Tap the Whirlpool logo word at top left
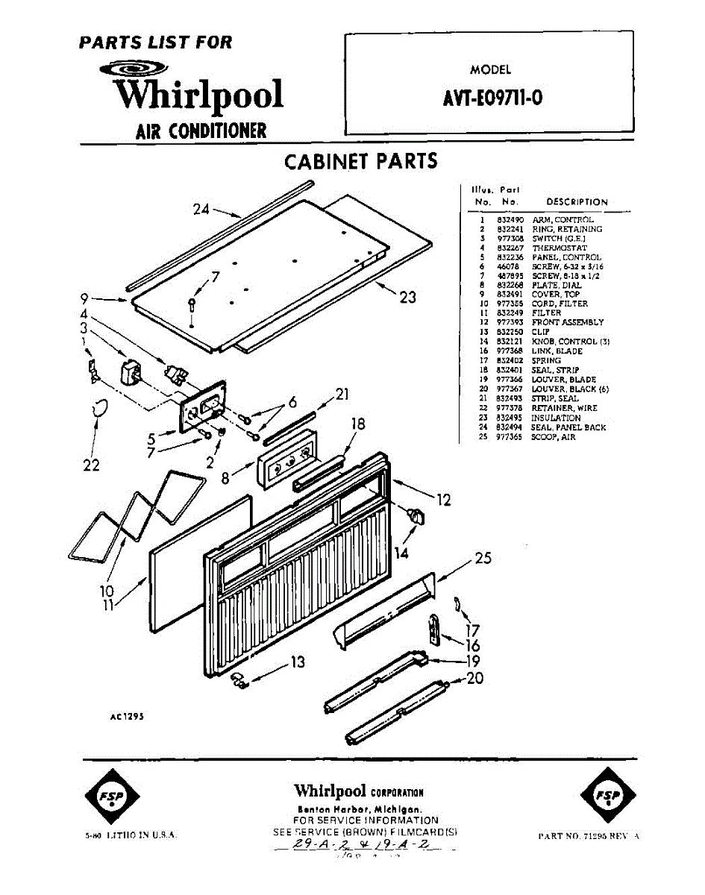[x=198, y=95]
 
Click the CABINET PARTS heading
[x=361, y=162]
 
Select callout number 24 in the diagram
[x=201, y=210]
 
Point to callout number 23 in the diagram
[x=407, y=298]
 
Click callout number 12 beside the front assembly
[x=444, y=500]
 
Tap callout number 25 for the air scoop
[x=483, y=557]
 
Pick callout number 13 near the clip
[x=298, y=662]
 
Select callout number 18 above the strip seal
[x=358, y=424]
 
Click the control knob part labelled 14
[x=414, y=515]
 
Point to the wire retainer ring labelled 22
[x=101, y=408]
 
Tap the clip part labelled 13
[x=239, y=679]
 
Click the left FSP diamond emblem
[x=111, y=796]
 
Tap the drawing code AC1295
[x=126, y=715]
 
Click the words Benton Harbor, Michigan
[x=360, y=809]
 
